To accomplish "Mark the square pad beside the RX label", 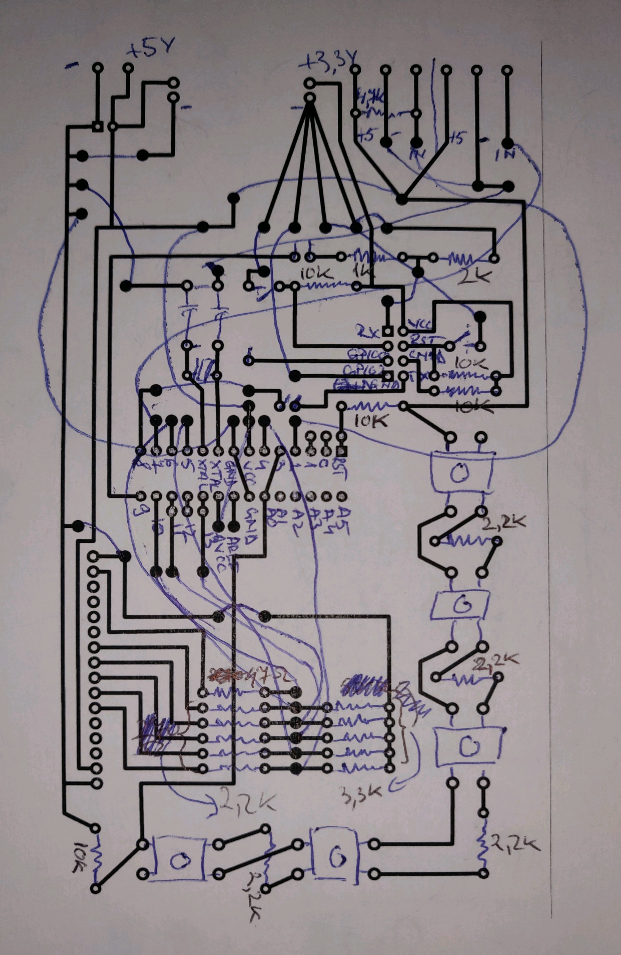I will click(x=387, y=331).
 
